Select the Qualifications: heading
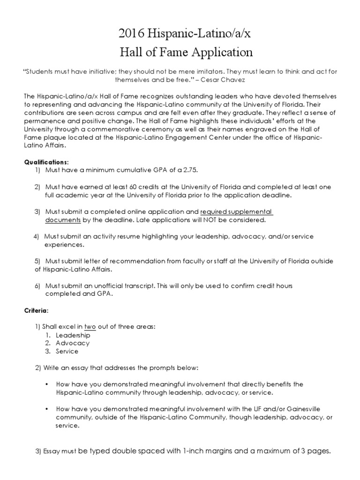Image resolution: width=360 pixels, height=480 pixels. pyautogui.click(x=46, y=162)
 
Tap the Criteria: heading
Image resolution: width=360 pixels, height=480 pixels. pyautogui.click(x=36, y=310)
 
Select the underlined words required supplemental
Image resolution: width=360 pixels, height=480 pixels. pyautogui.click(x=236, y=211)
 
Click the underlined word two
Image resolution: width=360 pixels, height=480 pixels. pyautogui.click(x=90, y=327)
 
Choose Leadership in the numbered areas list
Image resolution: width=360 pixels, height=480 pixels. pyautogui.click(x=73, y=335)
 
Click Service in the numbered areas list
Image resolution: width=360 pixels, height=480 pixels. pyautogui.click(x=67, y=351)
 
